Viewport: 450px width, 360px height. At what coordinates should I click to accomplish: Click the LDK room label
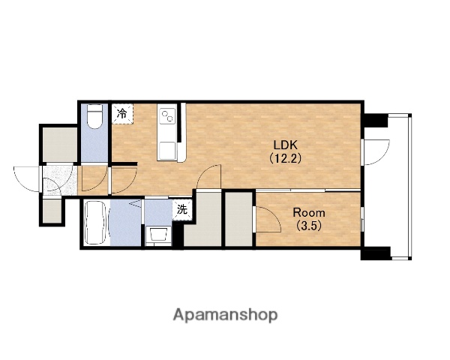pyautogui.click(x=285, y=145)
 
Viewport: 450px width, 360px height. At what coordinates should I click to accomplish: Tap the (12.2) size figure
pyautogui.click(x=285, y=158)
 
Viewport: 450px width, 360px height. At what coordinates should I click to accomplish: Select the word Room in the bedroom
pyautogui.click(x=309, y=213)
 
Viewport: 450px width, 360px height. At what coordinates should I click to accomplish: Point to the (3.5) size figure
pyautogui.click(x=308, y=226)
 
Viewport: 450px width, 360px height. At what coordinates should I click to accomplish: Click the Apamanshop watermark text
pyautogui.click(x=225, y=315)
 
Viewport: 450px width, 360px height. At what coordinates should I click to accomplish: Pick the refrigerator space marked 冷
pyautogui.click(x=122, y=113)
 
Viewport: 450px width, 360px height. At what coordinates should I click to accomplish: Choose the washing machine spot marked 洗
pyautogui.click(x=182, y=210)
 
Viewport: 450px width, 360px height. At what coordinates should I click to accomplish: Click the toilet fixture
pyautogui.click(x=94, y=116)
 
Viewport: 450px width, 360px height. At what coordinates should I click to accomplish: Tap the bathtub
pyautogui.click(x=97, y=223)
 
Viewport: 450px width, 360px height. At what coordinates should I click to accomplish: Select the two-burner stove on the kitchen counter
pyautogui.click(x=166, y=116)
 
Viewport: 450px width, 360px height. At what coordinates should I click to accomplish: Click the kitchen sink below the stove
pyautogui.click(x=166, y=151)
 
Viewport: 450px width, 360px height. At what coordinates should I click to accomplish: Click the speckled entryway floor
pyautogui.click(x=60, y=181)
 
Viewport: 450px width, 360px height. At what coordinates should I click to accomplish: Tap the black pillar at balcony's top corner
pyautogui.click(x=375, y=121)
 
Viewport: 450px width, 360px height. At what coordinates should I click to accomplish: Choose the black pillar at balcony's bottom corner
pyautogui.click(x=376, y=253)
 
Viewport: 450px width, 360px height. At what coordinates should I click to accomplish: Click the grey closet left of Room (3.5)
pyautogui.click(x=238, y=219)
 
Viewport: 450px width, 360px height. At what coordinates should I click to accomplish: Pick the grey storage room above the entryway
pyautogui.click(x=60, y=145)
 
